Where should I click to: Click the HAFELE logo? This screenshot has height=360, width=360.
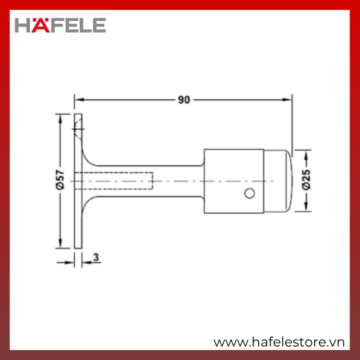point(60,25)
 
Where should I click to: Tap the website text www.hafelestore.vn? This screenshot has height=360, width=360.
point(279,342)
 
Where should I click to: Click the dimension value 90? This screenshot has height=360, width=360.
point(184,100)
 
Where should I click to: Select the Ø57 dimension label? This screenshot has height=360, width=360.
point(60,180)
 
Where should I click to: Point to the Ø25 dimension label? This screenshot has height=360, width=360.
point(306,180)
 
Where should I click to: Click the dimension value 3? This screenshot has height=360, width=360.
point(96,257)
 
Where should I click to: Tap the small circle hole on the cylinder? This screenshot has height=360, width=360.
point(249,193)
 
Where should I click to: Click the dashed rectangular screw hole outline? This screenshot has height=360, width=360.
point(114,181)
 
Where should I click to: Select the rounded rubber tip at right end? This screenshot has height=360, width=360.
point(278,181)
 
